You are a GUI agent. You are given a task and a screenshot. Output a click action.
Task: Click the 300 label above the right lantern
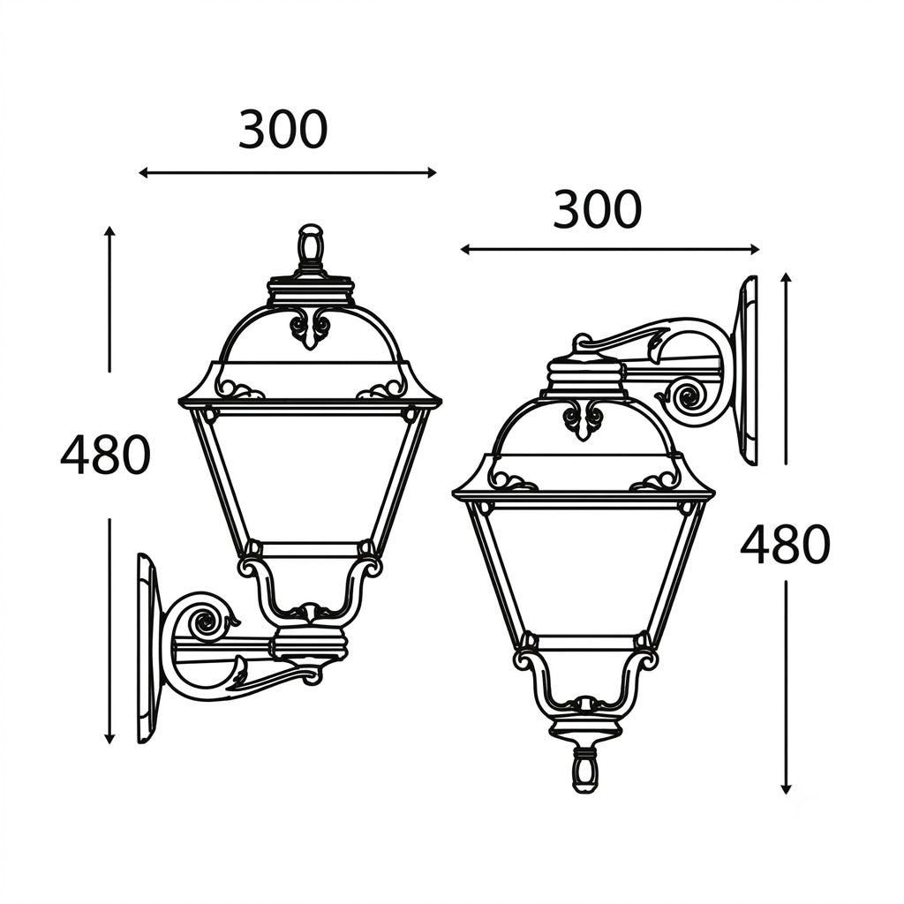(x=597, y=208)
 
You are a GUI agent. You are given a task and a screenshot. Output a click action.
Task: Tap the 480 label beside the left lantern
(x=106, y=455)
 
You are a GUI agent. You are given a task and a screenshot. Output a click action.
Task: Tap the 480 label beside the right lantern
(x=785, y=545)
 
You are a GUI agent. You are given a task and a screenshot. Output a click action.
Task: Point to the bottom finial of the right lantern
(x=586, y=771)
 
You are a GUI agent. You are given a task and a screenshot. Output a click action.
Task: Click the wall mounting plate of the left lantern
(x=147, y=648)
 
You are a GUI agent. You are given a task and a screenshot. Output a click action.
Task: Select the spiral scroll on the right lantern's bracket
(x=688, y=396)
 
